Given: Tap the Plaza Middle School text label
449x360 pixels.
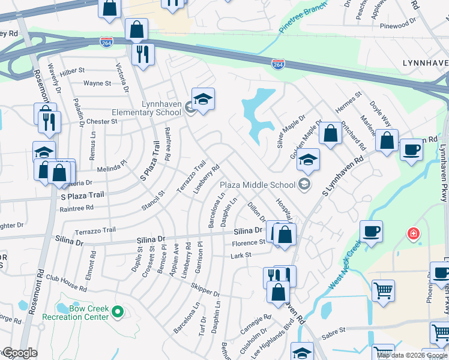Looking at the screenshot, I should (258, 184).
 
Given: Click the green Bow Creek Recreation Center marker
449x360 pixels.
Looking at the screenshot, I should (118, 311).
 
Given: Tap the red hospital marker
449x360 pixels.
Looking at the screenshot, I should (412, 233).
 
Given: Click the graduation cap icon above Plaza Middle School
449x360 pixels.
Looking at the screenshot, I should (308, 160).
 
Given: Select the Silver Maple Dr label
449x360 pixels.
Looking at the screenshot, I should (291, 132).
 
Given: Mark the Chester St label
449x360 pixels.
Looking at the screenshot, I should (101, 121).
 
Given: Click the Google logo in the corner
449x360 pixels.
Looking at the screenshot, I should (20, 353).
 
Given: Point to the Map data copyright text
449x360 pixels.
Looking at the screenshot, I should (412, 355).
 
